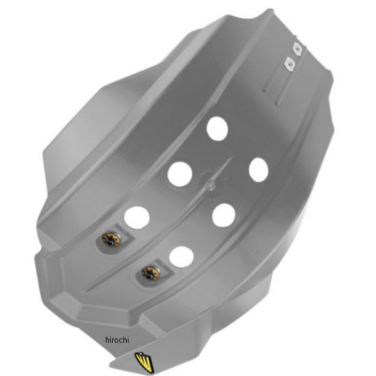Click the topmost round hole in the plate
[x=217, y=128]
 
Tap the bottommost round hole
[x=181, y=257]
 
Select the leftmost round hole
[x=137, y=217]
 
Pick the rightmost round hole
[x=258, y=170]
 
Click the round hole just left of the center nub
[x=180, y=174]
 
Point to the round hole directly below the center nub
[x=224, y=216]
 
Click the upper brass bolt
[x=111, y=239]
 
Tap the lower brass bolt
[x=150, y=273]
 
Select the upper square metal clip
[x=297, y=49]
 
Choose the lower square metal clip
[x=289, y=64]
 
